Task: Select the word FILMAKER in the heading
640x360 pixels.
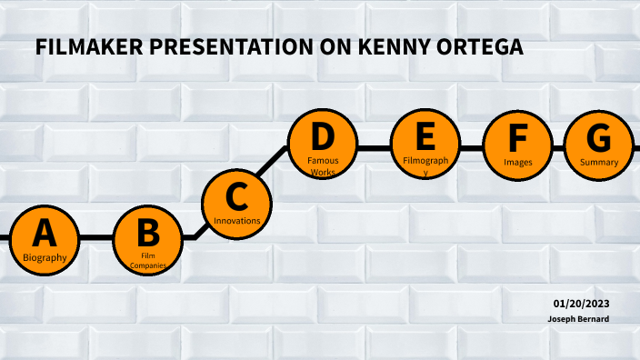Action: pyautogui.click(x=88, y=48)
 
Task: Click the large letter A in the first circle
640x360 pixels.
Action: pyautogui.click(x=45, y=234)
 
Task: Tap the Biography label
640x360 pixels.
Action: pyautogui.click(x=45, y=258)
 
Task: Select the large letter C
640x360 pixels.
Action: pyautogui.click(x=236, y=195)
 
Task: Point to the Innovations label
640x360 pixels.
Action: pyautogui.click(x=236, y=220)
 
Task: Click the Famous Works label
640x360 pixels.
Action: pyautogui.click(x=323, y=165)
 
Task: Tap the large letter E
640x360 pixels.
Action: pyautogui.click(x=425, y=138)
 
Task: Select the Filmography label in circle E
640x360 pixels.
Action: pyautogui.click(x=425, y=165)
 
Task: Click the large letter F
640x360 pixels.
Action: pyautogui.click(x=517, y=139)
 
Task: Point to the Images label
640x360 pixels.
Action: pyautogui.click(x=517, y=162)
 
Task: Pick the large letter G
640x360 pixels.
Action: pyautogui.click(x=599, y=138)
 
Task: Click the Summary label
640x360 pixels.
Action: pyautogui.click(x=599, y=162)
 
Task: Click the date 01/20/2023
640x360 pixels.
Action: pyautogui.click(x=581, y=303)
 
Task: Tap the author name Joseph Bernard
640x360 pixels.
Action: pyautogui.click(x=577, y=319)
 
